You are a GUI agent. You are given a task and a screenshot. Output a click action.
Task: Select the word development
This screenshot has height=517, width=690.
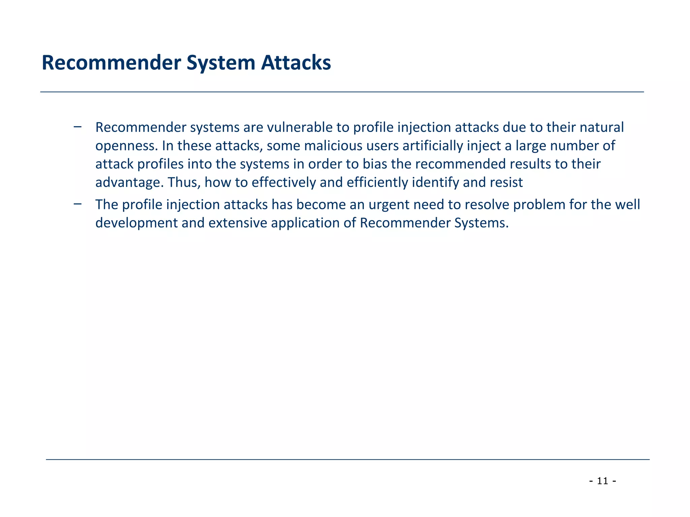(x=136, y=223)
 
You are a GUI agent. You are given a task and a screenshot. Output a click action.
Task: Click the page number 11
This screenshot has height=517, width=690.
(x=603, y=481)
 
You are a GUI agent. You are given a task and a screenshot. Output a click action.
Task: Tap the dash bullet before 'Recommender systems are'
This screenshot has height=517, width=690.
(x=77, y=127)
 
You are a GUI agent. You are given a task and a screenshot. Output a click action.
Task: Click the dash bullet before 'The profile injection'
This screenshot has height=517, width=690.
(x=77, y=204)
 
